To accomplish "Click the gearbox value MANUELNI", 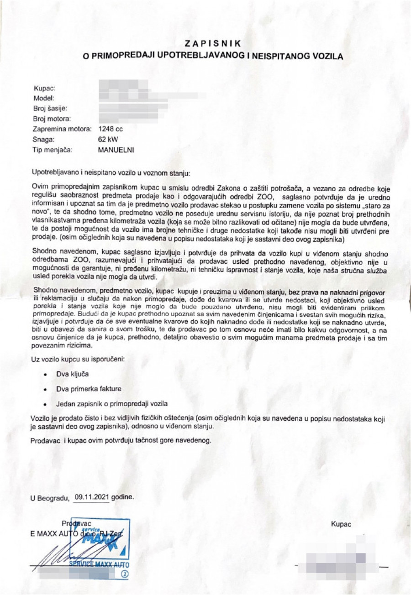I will (x=116, y=149).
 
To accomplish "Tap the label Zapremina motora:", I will (x=62, y=129).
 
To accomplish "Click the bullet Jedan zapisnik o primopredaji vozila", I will (x=112, y=404).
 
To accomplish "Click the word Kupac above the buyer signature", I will (x=341, y=525).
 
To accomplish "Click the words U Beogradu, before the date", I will (x=49, y=498).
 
